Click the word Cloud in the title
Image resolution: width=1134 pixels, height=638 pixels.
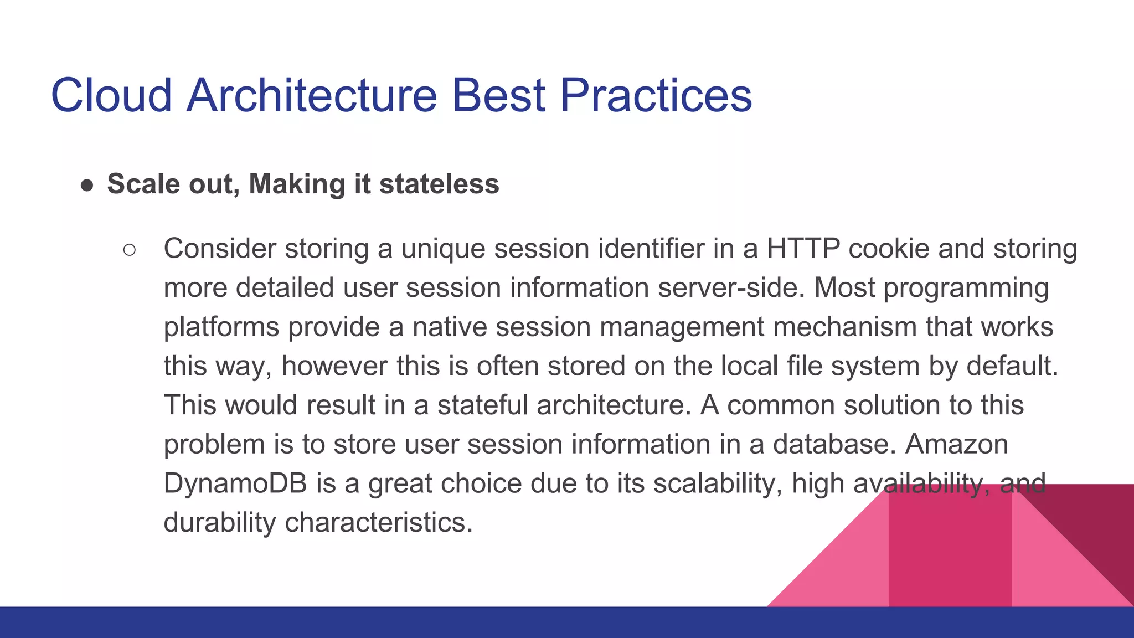111,95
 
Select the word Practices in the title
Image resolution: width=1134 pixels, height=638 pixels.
656,95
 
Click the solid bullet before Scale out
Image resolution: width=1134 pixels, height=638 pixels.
87,186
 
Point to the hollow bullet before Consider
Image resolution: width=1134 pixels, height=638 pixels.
129,250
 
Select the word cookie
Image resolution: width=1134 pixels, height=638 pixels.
889,249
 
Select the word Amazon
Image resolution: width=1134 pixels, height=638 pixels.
956,445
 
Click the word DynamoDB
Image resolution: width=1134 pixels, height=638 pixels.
235,484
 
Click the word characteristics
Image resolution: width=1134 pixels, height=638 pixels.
379,523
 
